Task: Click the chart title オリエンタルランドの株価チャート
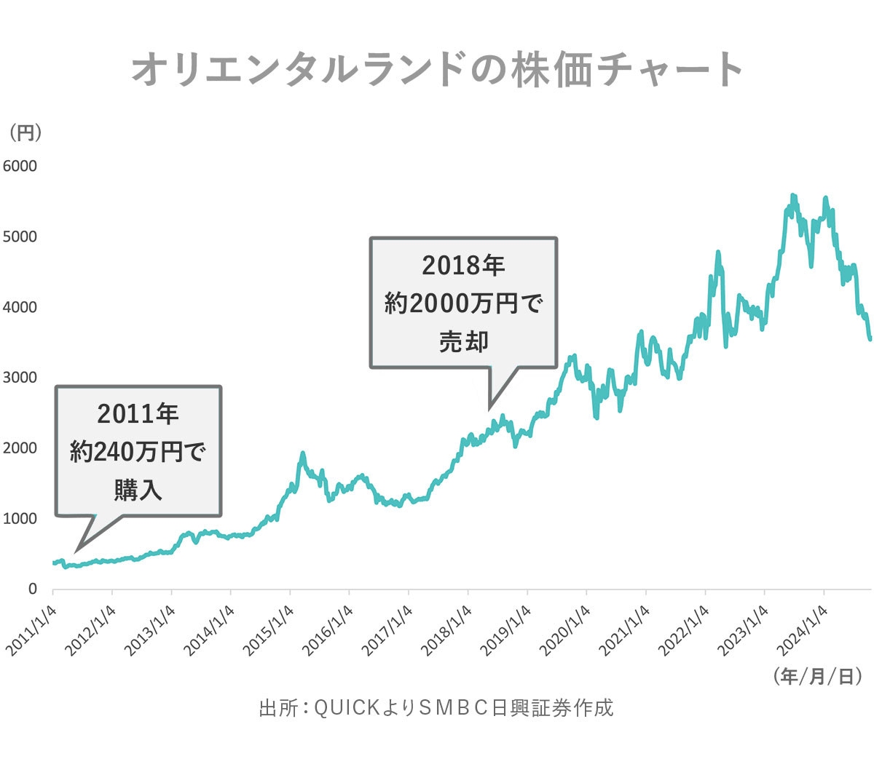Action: (x=437, y=70)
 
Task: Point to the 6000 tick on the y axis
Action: (x=20, y=166)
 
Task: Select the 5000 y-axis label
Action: (x=20, y=237)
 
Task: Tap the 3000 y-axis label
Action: (x=20, y=378)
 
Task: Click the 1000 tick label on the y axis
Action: (x=20, y=519)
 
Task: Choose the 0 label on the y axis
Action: (x=32, y=589)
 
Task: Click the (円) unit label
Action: (x=25, y=132)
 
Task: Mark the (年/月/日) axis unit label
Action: (x=817, y=676)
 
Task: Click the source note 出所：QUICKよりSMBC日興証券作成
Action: (x=436, y=707)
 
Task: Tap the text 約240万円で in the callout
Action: (x=138, y=452)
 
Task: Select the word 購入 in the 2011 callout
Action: (x=138, y=490)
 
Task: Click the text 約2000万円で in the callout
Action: (x=463, y=303)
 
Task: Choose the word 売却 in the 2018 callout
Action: (x=463, y=341)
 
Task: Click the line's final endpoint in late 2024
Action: (x=870, y=338)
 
